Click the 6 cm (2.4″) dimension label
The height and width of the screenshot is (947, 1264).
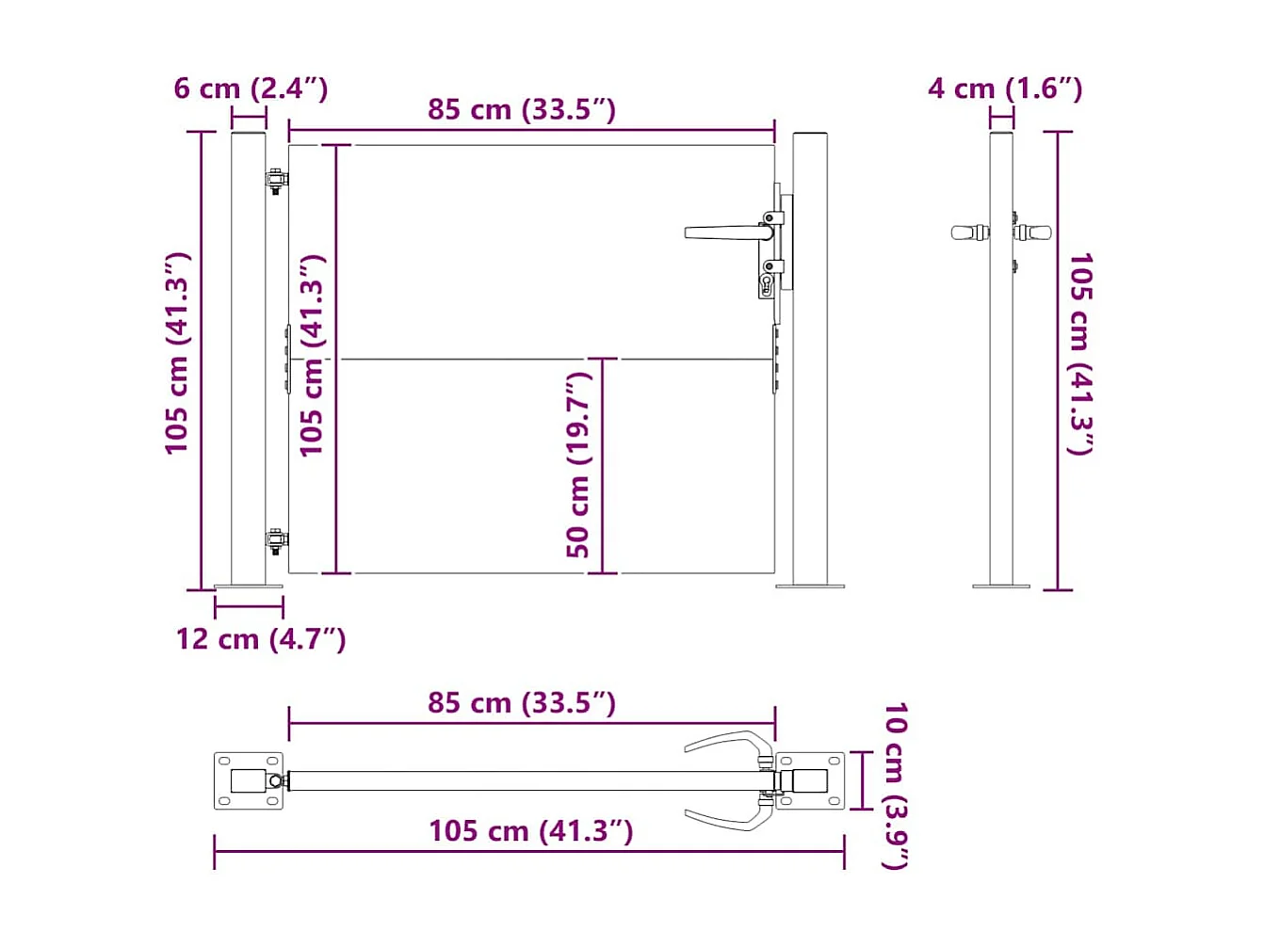pyautogui.click(x=251, y=88)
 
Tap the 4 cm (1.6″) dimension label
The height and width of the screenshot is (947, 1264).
pyautogui.click(x=1005, y=88)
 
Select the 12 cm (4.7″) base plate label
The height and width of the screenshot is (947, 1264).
pyautogui.click(x=261, y=639)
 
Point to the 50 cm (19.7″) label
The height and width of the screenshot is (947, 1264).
pyautogui.click(x=578, y=465)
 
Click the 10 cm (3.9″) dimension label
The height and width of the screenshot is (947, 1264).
pyautogui.click(x=895, y=785)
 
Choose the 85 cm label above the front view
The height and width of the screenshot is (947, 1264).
pyautogui.click(x=522, y=109)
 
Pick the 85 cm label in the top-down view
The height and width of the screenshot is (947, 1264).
pyautogui.click(x=522, y=702)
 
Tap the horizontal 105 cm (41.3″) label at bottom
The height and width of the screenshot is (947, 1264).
pyautogui.click(x=531, y=831)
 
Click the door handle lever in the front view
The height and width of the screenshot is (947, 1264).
pyautogui.click(x=728, y=233)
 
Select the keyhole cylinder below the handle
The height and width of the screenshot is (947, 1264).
pyautogui.click(x=767, y=285)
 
